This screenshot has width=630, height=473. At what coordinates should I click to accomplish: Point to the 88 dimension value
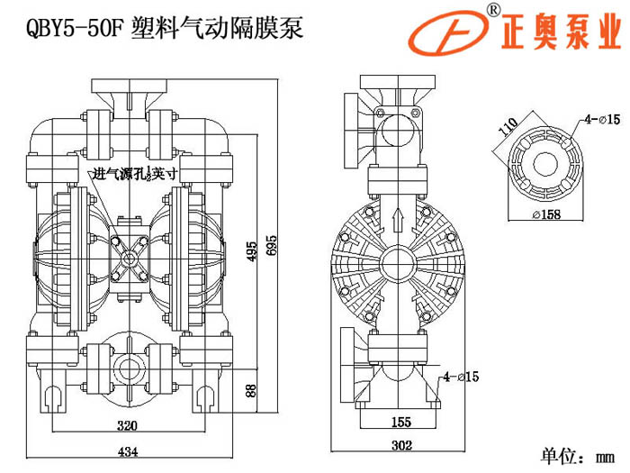click(251, 392)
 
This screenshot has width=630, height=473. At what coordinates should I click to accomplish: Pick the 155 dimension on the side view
click(400, 422)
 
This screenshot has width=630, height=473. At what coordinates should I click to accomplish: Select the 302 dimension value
click(400, 444)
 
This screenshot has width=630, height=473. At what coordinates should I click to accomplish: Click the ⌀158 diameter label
click(547, 214)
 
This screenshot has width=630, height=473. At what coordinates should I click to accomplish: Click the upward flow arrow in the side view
click(397, 219)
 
